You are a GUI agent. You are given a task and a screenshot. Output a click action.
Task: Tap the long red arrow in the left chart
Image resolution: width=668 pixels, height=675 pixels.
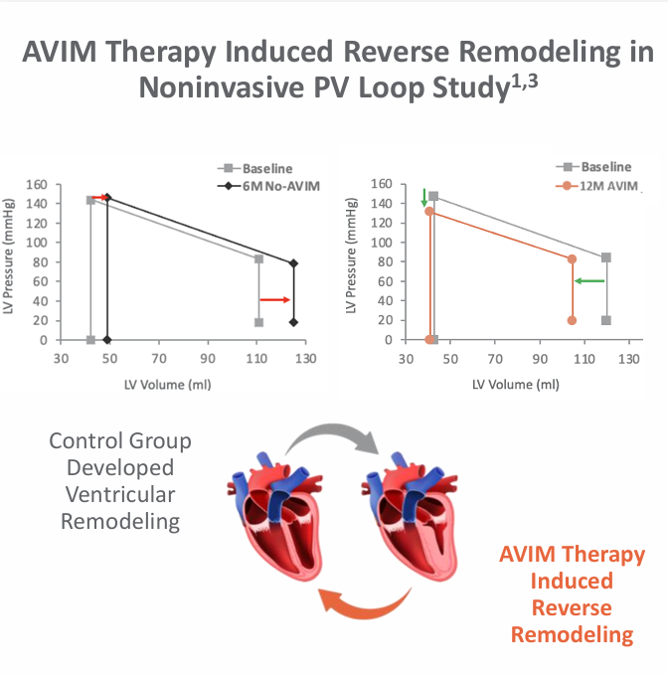coord(274,299)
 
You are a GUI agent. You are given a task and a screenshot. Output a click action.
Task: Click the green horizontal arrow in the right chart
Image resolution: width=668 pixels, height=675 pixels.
coord(589,280)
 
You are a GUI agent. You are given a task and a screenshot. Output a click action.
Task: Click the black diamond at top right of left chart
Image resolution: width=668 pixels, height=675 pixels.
coord(293,263)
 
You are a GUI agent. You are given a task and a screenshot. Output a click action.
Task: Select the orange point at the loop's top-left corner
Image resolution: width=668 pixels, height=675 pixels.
coord(429,211)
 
